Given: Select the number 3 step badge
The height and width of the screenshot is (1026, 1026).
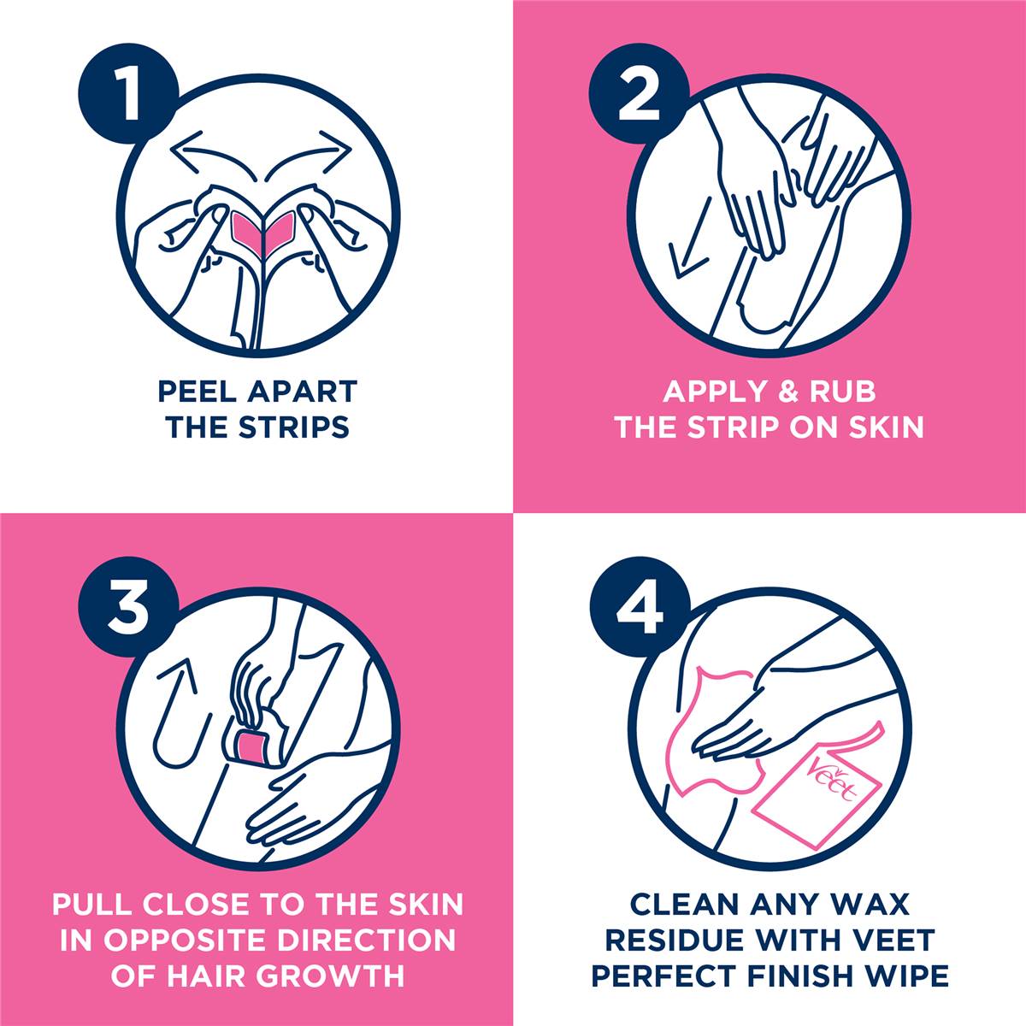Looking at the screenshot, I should point(128,609).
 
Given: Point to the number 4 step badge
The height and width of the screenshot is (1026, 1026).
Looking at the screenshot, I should point(639,609).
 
